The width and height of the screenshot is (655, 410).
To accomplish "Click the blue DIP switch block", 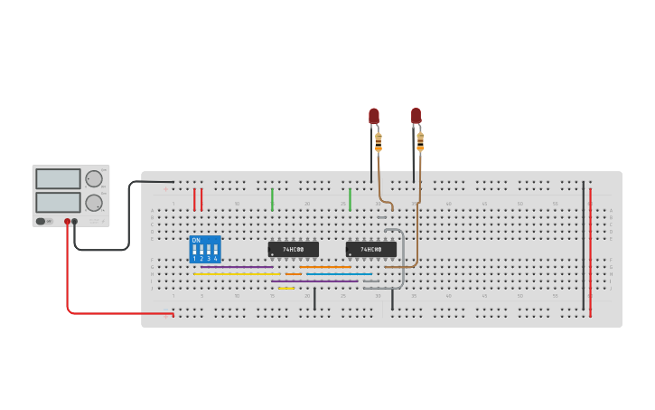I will click(x=205, y=249).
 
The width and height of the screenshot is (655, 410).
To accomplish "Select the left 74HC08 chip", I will click(x=293, y=249).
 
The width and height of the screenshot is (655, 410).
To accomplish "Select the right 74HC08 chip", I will click(x=370, y=249).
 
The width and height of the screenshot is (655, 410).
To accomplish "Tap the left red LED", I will click(x=374, y=116).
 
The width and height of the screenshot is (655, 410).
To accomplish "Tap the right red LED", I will click(x=416, y=116).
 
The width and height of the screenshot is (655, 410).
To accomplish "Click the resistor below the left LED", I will click(x=379, y=141).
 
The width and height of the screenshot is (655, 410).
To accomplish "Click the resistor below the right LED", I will click(x=420, y=141).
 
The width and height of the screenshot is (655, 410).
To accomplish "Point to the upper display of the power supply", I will click(x=58, y=178).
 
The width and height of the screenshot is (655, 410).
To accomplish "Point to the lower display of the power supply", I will click(x=58, y=201).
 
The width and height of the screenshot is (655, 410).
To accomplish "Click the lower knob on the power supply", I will click(x=93, y=202).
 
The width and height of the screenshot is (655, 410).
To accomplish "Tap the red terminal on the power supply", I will click(x=67, y=221).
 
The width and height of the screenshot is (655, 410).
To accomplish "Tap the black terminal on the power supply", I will click(x=75, y=221).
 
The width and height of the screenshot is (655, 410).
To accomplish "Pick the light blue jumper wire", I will click(x=339, y=273).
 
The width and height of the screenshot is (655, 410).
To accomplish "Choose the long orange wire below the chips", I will click(x=325, y=267).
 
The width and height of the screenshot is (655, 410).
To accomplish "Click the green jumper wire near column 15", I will click(x=272, y=199).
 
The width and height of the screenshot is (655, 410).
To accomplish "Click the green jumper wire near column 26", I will click(x=350, y=199).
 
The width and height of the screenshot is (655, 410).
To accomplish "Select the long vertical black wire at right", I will click(x=583, y=244).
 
